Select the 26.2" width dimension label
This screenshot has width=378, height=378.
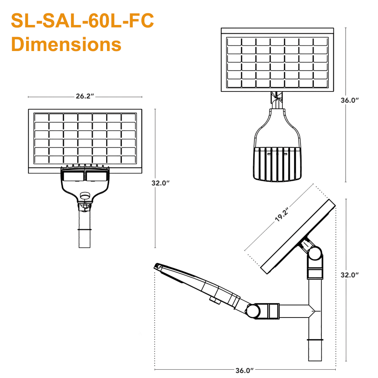tap(85, 96)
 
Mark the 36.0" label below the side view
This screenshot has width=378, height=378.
tap(244, 370)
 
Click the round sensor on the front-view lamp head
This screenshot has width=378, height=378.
tap(85, 196)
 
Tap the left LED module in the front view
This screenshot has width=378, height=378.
tap(73, 176)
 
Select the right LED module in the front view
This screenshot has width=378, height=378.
tap(96, 176)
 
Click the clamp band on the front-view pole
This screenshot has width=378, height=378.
tap(85, 229)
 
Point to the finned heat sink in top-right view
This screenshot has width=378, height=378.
tap(277, 163)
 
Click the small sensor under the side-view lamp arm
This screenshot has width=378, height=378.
tap(215, 301)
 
